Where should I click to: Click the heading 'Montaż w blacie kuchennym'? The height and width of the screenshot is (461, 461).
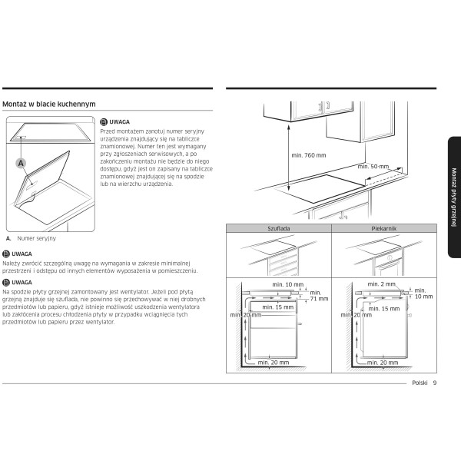[49, 103]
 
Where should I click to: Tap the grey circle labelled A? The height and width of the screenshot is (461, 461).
[21, 162]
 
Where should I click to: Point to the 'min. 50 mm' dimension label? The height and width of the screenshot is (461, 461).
[373, 166]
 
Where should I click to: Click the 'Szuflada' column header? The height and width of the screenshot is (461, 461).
[279, 229]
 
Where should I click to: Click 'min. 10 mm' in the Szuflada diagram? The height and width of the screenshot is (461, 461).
[287, 284]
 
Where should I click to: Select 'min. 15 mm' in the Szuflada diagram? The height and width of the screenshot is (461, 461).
[278, 307]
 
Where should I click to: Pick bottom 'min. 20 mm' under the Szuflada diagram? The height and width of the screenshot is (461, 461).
[274, 362]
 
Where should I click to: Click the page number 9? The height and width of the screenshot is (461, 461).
[434, 383]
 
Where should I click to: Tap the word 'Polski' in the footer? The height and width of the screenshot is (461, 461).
[420, 383]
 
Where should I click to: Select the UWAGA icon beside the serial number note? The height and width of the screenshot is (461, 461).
[104, 121]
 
